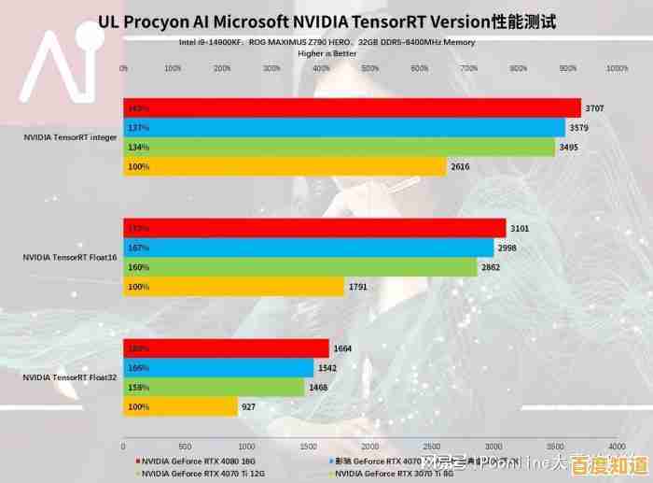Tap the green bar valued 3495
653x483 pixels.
click(x=339, y=148)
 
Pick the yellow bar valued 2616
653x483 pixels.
click(x=285, y=167)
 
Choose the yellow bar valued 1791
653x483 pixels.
click(x=234, y=287)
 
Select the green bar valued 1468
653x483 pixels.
click(x=214, y=388)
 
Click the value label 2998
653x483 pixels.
click(x=507, y=249)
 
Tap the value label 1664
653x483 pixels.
click(x=343, y=348)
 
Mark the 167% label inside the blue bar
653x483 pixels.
click(x=139, y=248)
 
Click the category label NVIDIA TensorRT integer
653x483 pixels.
click(x=70, y=137)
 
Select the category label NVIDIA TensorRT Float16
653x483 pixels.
click(x=69, y=257)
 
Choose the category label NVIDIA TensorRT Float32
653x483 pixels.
click(x=69, y=377)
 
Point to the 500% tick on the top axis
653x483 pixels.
click(x=370, y=68)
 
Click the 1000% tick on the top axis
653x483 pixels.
click(x=617, y=68)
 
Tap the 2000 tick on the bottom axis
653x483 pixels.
click(x=370, y=447)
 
